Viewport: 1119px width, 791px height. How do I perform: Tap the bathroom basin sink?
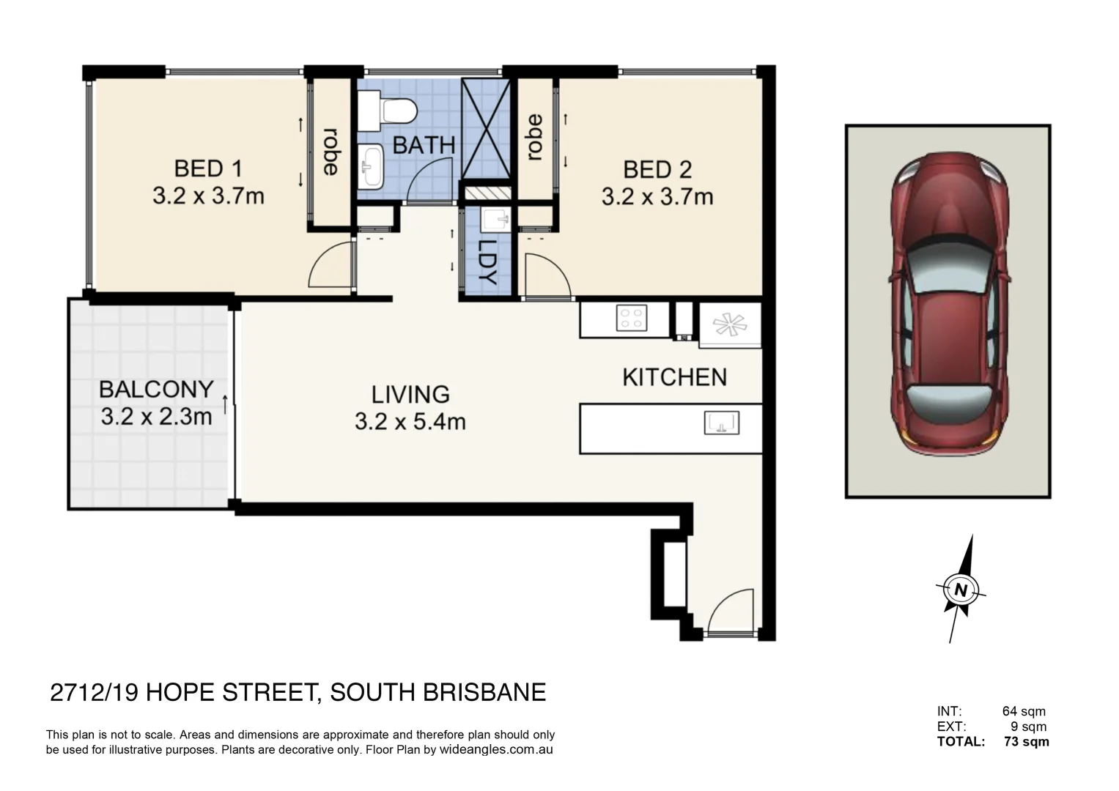[372, 166]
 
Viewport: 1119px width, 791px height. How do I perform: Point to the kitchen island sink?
[721, 423]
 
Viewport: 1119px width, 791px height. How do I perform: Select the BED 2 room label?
[657, 170]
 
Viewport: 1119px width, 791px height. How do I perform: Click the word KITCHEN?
[674, 377]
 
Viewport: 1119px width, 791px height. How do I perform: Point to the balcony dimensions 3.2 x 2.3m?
[156, 417]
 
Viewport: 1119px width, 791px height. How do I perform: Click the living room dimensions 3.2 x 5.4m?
[410, 422]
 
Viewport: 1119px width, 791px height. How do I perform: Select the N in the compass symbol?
[961, 589]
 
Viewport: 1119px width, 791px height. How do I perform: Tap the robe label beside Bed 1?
[331, 152]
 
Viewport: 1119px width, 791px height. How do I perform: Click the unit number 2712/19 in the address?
[94, 692]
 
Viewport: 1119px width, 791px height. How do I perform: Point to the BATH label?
[424, 145]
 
